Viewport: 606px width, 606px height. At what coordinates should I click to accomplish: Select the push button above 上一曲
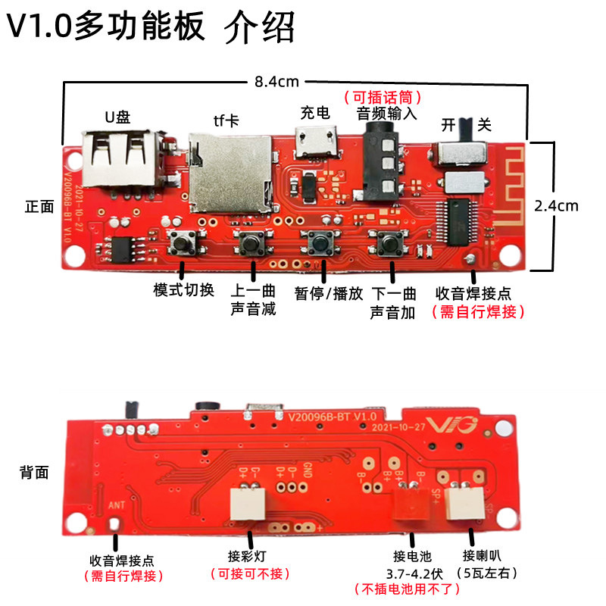tap(252, 244)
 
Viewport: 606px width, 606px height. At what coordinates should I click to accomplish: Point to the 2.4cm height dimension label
tap(556, 205)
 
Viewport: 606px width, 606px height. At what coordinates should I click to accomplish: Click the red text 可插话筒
tap(383, 97)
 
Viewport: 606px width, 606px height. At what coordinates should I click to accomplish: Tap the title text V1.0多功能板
tap(106, 28)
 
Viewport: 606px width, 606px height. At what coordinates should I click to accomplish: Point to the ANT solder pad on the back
tap(115, 523)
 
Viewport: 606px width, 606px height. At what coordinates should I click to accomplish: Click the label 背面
tap(34, 473)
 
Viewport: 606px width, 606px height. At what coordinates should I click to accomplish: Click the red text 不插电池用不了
tap(407, 589)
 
